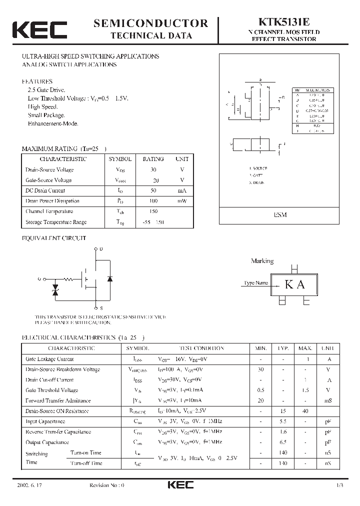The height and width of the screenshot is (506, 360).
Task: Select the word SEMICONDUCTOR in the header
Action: click(150, 23)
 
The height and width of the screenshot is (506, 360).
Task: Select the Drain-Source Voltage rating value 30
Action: click(153, 169)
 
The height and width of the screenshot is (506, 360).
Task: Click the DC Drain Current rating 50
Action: click(153, 190)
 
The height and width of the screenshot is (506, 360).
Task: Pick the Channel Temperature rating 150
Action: click(153, 211)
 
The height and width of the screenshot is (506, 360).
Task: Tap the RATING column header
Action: click(153, 159)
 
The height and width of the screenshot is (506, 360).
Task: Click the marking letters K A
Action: click(294, 284)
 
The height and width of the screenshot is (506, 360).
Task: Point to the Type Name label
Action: click(255, 283)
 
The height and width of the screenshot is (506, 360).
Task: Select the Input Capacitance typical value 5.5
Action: click(283, 421)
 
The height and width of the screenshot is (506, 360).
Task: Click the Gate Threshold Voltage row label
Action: click(51, 390)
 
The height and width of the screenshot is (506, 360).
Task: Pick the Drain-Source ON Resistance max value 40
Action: click(305, 411)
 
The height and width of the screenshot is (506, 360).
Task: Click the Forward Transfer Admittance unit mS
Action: click(328, 400)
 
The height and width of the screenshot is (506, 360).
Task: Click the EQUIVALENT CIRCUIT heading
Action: click(54, 238)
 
